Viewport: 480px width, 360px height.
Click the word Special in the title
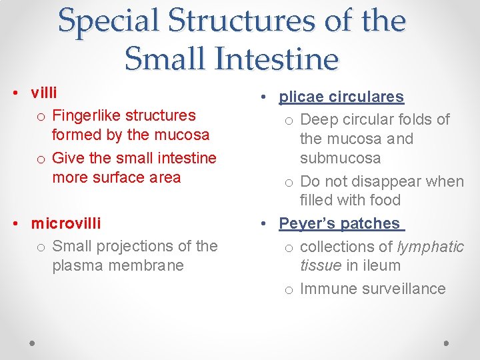(x=107, y=21)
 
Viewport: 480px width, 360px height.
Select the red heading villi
(x=44, y=93)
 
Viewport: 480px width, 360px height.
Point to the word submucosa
(x=340, y=158)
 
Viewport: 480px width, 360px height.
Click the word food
(x=385, y=200)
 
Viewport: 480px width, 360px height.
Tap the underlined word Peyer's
(x=307, y=223)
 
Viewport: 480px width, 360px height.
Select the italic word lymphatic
(x=430, y=247)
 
